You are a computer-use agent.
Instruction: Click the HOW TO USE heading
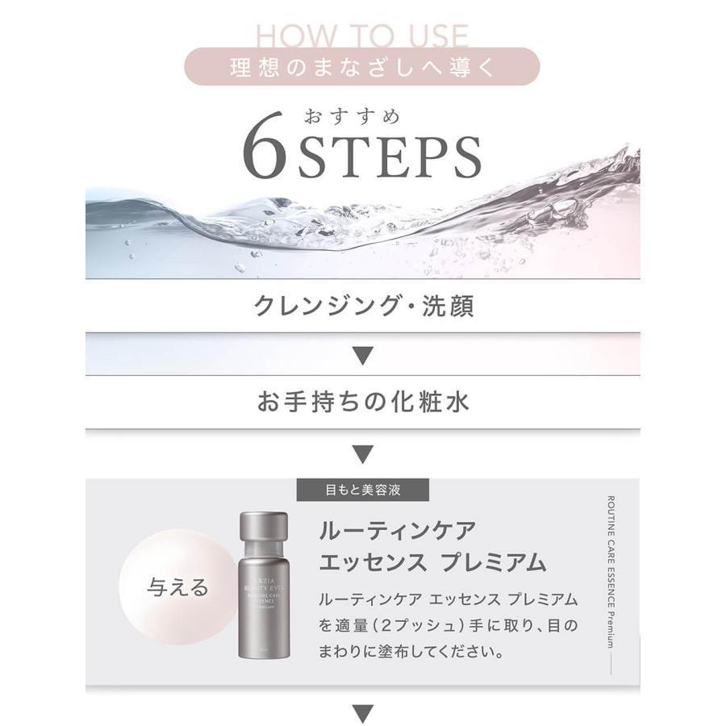(x=362, y=36)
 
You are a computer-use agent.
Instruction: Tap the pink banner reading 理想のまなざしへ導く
(x=362, y=67)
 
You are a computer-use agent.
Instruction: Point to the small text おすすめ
(x=351, y=115)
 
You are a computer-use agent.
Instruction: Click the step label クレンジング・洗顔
(x=362, y=307)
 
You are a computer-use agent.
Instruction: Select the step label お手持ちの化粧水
(x=362, y=402)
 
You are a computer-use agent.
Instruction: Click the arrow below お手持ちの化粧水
(x=363, y=453)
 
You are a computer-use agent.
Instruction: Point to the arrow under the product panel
(x=363, y=712)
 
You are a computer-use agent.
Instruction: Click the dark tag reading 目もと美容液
(x=362, y=490)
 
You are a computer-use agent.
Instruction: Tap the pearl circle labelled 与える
(x=178, y=586)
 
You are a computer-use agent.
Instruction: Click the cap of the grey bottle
(x=263, y=525)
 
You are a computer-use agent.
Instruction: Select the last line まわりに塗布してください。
(x=412, y=650)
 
